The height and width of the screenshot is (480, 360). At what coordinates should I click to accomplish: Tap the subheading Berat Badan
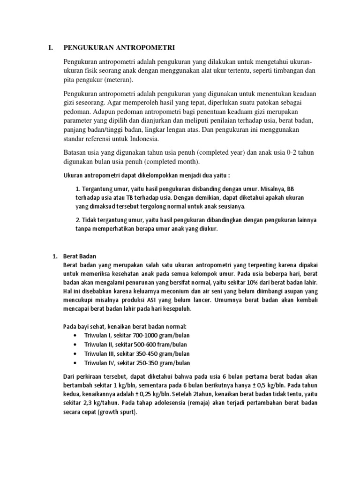pos(80,256)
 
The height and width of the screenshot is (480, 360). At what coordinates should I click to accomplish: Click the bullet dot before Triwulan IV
pos(75,363)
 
